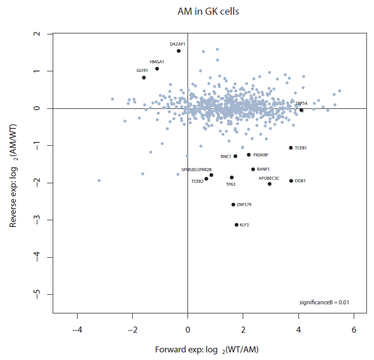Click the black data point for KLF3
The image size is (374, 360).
click(236, 225)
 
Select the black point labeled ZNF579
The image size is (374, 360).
click(233, 205)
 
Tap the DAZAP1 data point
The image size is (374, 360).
click(179, 51)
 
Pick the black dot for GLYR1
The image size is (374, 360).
click(144, 77)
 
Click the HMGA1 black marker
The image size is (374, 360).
click(157, 69)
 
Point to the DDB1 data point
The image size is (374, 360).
click(291, 181)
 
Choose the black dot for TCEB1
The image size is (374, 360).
click(291, 148)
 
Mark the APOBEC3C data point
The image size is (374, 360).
click(270, 184)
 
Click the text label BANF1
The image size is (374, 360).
click(264, 169)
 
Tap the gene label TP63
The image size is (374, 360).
click(231, 185)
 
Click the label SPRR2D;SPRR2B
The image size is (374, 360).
click(196, 169)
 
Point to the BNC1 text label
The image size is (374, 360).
click(226, 156)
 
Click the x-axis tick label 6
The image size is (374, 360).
click(353, 330)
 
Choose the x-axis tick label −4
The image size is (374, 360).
click(78, 330)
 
